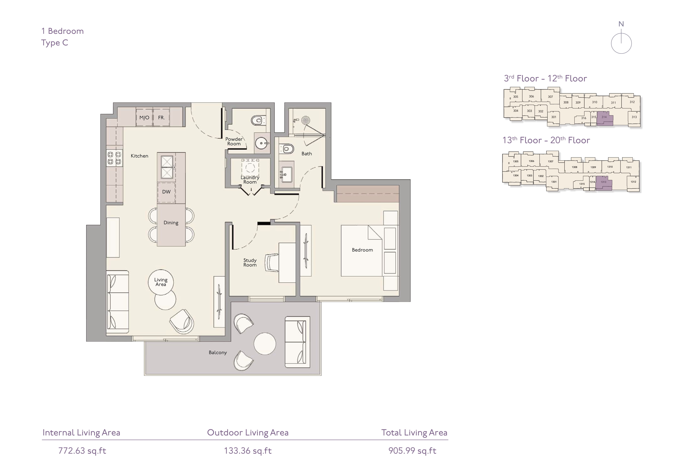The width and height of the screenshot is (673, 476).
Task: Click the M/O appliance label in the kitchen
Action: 144,118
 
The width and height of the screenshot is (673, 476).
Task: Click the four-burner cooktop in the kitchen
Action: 114,158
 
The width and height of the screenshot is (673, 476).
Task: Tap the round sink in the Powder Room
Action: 261,143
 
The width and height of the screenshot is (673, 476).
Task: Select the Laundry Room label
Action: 250,180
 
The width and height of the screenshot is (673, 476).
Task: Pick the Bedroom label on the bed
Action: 362,250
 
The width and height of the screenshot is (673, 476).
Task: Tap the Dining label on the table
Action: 171,223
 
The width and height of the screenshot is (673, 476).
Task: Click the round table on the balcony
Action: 265,344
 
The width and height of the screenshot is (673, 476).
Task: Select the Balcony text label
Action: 218,352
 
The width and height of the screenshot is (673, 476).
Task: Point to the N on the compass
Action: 621,24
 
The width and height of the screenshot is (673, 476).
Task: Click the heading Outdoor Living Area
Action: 248,433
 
